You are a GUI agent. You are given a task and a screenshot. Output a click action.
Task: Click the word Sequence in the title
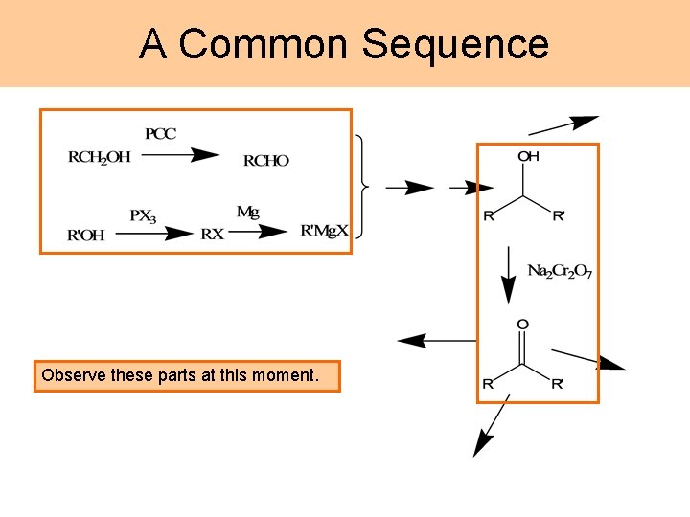pyautogui.click(x=455, y=44)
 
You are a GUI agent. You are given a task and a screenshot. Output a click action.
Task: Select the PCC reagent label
pyautogui.click(x=161, y=134)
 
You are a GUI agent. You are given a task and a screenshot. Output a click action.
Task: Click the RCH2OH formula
pyautogui.click(x=100, y=157)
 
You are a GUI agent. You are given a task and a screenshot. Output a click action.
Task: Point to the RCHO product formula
pyautogui.click(x=265, y=161)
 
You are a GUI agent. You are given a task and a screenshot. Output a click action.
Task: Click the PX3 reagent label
pyautogui.click(x=143, y=215)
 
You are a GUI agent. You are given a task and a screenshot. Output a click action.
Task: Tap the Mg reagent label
pyautogui.click(x=247, y=212)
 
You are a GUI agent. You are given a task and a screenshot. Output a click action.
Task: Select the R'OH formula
pyautogui.click(x=86, y=234)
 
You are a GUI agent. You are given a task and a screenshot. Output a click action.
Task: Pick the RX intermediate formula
pyautogui.click(x=213, y=234)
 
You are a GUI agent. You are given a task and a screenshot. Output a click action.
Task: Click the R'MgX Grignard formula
pyautogui.click(x=324, y=232)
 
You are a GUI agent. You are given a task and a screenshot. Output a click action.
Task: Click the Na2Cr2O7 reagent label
pyautogui.click(x=561, y=271)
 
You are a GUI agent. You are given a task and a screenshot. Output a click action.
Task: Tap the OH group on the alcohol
pyautogui.click(x=528, y=156)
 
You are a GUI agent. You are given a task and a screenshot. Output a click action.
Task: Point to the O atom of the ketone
pyautogui.click(x=522, y=325)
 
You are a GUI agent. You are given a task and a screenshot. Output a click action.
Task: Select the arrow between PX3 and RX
pyautogui.click(x=165, y=233)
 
